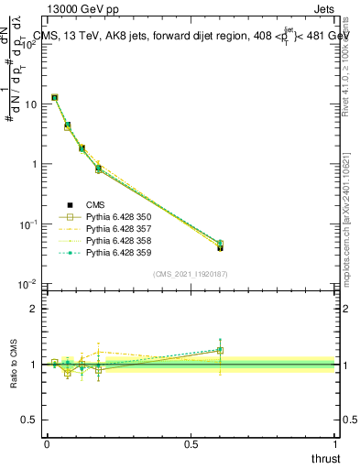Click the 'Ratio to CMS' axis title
15,364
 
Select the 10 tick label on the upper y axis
30,104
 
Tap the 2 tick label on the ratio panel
35,309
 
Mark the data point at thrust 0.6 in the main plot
220,246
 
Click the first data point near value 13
55,97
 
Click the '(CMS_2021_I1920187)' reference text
191,273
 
